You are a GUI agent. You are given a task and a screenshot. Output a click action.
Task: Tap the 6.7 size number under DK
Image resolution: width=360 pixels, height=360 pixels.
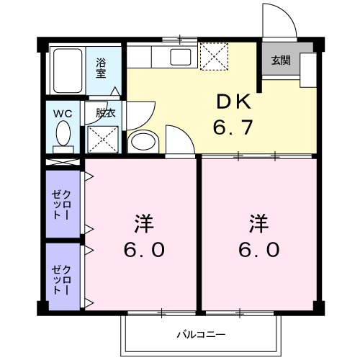pos(233,128)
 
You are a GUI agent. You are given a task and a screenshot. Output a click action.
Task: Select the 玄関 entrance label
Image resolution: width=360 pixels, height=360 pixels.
pos(280,60)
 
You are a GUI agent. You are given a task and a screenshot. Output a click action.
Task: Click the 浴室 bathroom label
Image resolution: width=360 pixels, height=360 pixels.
pos(101,67)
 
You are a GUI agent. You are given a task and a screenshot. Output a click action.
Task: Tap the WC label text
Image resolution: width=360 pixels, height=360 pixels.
pos(61,113)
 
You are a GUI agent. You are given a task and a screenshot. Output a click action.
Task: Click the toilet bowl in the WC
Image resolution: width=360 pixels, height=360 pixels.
pos(63,134)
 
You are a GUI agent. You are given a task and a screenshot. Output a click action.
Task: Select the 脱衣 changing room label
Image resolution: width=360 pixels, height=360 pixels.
pos(105,113)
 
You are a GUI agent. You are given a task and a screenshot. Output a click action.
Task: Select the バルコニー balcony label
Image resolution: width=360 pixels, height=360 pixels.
pos(202,335)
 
